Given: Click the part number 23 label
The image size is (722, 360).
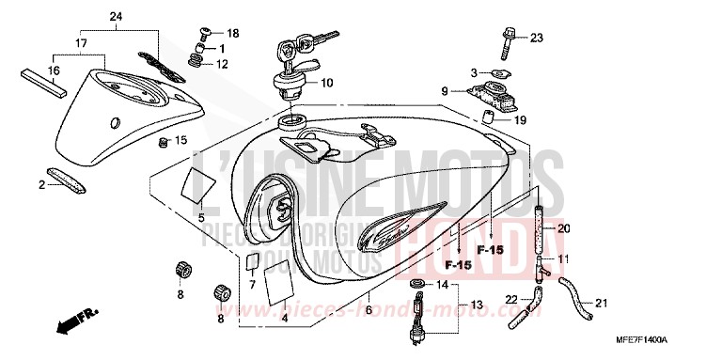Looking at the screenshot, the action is tap(537, 39).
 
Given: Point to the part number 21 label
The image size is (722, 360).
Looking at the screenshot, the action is tap(602, 302).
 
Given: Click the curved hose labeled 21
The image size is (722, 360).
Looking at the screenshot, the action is tap(573, 296).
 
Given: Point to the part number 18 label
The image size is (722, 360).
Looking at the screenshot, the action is tap(233, 33).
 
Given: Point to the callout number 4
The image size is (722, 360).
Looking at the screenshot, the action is tap(283, 319).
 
